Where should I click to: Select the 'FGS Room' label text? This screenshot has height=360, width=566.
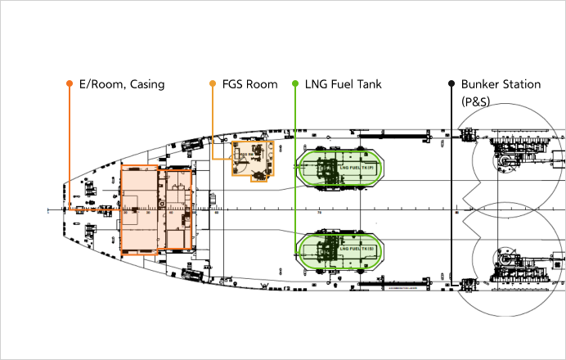click(249, 83)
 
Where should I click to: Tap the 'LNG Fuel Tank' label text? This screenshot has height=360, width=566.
click(343, 83)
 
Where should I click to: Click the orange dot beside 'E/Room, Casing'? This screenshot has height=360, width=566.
click(70, 83)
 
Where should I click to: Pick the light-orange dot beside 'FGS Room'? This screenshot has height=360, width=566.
click(213, 83)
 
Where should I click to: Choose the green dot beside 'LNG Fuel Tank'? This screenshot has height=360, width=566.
click(294, 83)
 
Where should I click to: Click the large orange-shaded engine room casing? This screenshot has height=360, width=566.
click(155, 209)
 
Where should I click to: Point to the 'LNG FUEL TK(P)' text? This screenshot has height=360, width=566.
click(357, 168)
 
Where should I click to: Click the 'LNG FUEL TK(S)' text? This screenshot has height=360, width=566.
click(357, 249)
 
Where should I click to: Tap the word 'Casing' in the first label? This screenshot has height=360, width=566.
click(146, 83)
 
